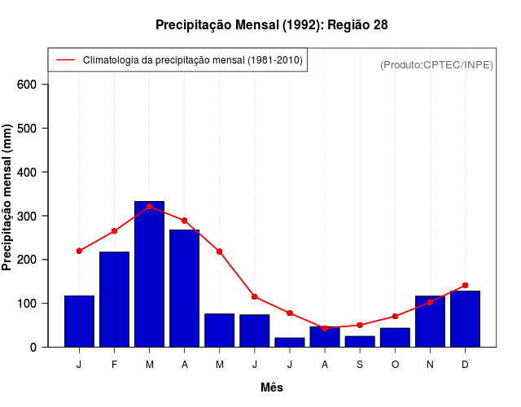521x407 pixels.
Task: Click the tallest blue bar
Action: tap(149, 274)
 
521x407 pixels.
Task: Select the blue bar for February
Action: tap(114, 299)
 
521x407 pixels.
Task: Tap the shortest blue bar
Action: tap(290, 342)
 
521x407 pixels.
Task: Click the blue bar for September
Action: tap(360, 341)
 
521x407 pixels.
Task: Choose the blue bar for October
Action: tap(395, 337)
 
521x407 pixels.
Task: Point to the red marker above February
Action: tap(114, 231)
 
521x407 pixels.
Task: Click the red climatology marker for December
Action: tap(465, 285)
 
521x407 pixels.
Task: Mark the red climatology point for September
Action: tap(360, 325)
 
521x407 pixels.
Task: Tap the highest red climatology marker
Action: tap(149, 206)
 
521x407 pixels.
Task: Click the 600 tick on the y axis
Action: tap(33, 85)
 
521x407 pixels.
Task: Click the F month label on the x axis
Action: tap(114, 364)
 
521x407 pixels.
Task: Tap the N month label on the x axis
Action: tap(430, 364)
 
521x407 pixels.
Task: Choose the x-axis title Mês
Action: tap(272, 387)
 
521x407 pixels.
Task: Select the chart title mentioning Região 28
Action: tap(272, 25)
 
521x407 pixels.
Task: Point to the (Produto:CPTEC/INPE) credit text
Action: tap(436, 64)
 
